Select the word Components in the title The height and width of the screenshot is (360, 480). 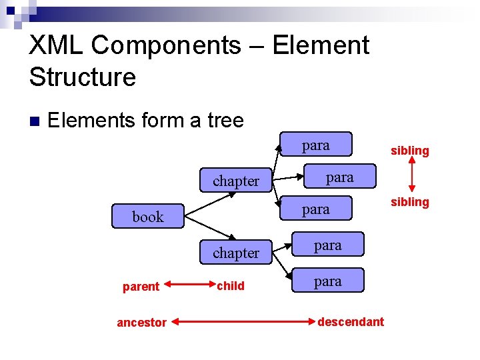(166, 45)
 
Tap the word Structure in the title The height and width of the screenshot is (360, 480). (82, 77)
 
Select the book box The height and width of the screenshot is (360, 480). (148, 217)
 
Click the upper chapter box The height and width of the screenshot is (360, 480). (235, 181)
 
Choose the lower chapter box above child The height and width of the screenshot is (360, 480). (235, 253)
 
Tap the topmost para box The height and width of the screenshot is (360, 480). (315, 145)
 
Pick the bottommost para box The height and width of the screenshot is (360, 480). (327, 281)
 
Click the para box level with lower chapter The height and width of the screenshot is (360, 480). (327, 245)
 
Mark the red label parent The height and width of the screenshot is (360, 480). (141, 287)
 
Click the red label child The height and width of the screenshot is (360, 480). (231, 286)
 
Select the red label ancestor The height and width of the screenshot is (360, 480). (141, 323)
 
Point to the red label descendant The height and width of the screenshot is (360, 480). (351, 322)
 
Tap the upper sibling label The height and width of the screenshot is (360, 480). (409, 151)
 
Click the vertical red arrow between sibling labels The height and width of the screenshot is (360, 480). (411, 176)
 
